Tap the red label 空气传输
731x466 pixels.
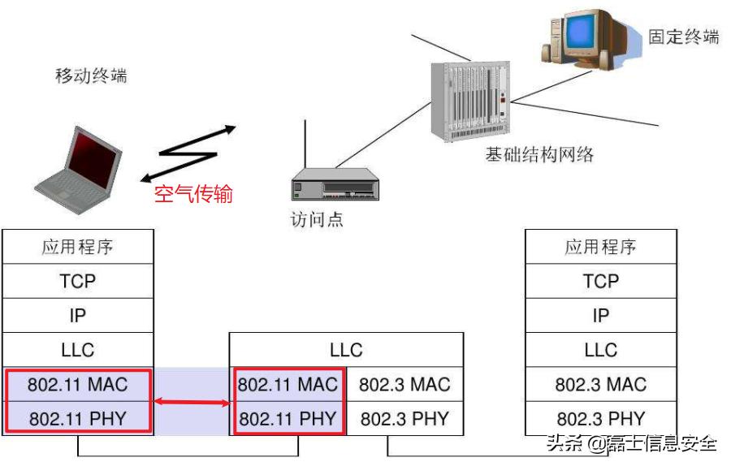pyautogui.click(x=193, y=195)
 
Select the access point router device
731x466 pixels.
pyautogui.click(x=335, y=186)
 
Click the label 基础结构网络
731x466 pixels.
pyautogui.click(x=539, y=155)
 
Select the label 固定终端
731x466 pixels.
pyautogui.click(x=683, y=37)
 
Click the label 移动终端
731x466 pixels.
pyautogui.click(x=91, y=77)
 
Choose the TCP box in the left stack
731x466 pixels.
pyautogui.click(x=78, y=281)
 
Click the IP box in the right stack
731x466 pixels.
pyautogui.click(x=601, y=315)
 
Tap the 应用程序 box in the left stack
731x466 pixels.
pyautogui.click(x=78, y=247)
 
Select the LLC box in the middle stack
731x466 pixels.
pyautogui.click(x=347, y=350)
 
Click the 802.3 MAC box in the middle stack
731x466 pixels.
pyautogui.click(x=404, y=384)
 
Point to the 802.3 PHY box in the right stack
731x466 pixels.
pyautogui.click(x=601, y=419)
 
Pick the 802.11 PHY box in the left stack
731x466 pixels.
pyautogui.click(x=78, y=419)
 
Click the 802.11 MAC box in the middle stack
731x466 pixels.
pyautogui.click(x=288, y=384)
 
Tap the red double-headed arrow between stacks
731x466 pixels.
pyautogui.click(x=192, y=401)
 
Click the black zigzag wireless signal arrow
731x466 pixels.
pyautogui.click(x=188, y=152)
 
